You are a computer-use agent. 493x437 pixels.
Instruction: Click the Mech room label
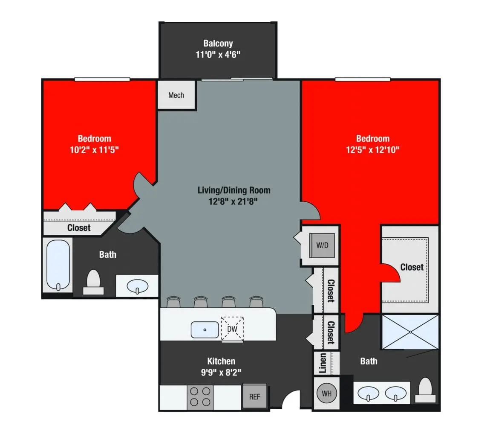[x=176, y=95]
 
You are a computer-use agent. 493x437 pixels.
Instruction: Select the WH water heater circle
[x=326, y=393]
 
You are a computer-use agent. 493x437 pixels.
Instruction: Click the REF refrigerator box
[x=254, y=396]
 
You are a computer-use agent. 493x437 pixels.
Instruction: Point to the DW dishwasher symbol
[x=232, y=329]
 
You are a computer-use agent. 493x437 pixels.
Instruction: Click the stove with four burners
[x=200, y=397]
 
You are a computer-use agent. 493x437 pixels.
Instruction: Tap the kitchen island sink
[x=205, y=329]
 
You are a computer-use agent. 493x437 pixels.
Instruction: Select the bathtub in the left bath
[x=58, y=265]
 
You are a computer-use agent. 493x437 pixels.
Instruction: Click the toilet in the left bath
[x=93, y=282]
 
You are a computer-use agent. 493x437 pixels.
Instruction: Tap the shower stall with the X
[x=410, y=332]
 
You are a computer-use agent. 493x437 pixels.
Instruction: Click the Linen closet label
[x=323, y=363]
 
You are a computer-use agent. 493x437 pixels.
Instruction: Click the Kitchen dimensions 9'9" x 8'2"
[x=221, y=372]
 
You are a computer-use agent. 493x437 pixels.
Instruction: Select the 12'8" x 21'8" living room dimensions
[x=234, y=201]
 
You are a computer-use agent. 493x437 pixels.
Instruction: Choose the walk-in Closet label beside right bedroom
[x=412, y=267]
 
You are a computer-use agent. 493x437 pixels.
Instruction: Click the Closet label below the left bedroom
[x=79, y=228]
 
